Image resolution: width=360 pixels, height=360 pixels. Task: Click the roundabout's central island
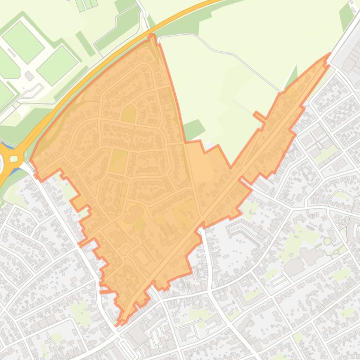(x=14, y=159)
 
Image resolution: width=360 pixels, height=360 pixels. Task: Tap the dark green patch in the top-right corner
(x=346, y=16)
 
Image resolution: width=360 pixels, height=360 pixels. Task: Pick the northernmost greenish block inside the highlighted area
(x=129, y=114)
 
